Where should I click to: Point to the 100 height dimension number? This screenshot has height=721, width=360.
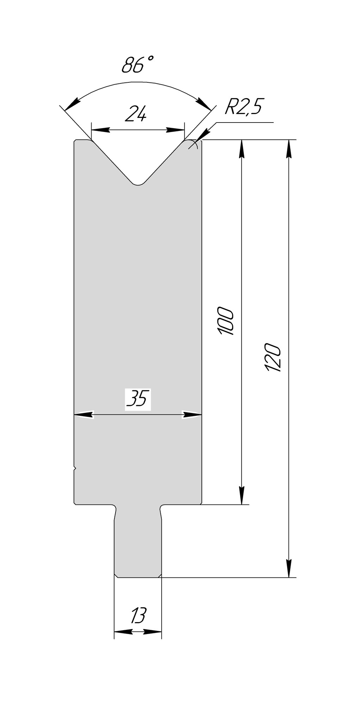click(226, 321)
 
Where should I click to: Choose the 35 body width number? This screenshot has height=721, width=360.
click(138, 399)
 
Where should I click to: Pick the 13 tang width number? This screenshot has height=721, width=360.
click(138, 616)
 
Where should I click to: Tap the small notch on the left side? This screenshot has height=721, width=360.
click(75, 468)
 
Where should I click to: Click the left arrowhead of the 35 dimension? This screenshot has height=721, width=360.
click(83, 414)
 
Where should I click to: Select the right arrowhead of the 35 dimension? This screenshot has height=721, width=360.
click(192, 414)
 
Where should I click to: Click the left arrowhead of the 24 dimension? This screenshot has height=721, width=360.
click(99, 130)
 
